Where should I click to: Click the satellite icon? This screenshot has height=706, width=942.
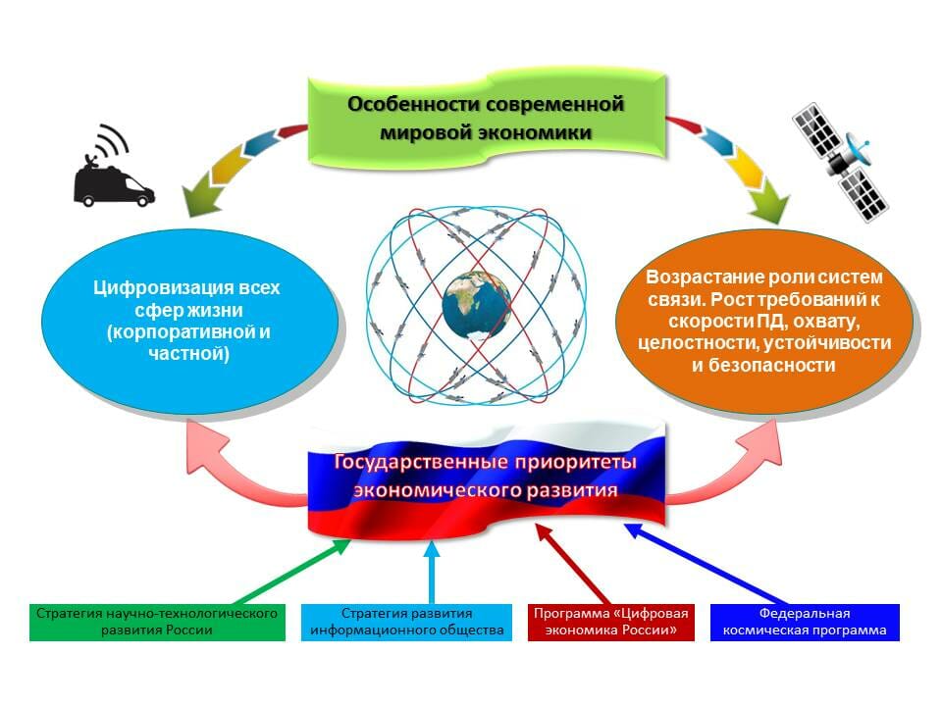[840, 163]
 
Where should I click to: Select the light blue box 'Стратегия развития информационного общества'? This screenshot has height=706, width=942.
[406, 622]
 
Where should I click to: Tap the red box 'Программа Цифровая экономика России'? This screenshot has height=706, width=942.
[609, 622]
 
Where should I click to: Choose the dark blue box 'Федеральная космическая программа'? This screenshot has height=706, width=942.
[805, 622]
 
